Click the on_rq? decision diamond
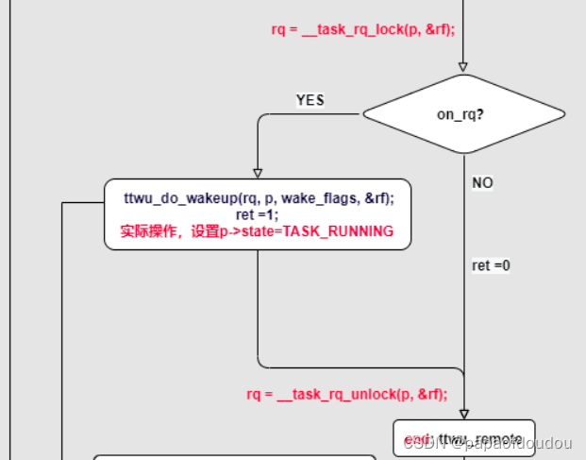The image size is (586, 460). (x=463, y=114)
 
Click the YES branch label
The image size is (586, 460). (x=310, y=100)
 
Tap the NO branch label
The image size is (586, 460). (x=482, y=182)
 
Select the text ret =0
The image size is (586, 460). (x=491, y=265)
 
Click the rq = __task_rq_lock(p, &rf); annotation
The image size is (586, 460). (x=363, y=29)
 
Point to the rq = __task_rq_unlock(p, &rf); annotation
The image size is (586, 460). (x=347, y=394)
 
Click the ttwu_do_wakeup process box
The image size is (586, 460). (x=258, y=214)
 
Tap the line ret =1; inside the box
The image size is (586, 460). (x=258, y=214)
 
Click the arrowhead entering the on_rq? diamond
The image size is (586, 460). (x=463, y=67)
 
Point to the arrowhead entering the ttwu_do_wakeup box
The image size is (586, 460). (x=258, y=173)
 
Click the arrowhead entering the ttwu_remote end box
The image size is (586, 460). (x=463, y=414)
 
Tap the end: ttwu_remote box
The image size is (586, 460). (x=463, y=438)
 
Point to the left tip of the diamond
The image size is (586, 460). (x=363, y=114)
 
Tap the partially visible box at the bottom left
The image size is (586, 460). (x=236, y=456)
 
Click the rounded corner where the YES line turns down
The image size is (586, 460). (x=260, y=117)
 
